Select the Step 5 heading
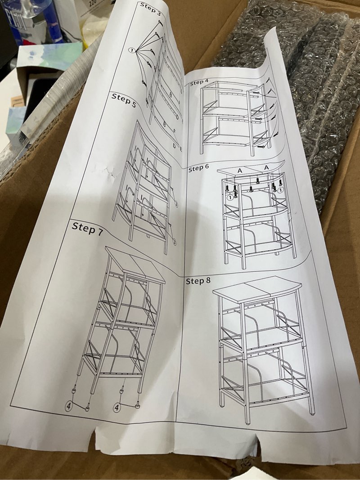[123, 99]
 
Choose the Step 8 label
[198, 281]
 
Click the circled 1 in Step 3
[132, 51]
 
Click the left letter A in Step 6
[239, 170]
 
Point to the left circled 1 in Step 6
[229, 196]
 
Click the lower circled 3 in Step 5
[173, 242]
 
